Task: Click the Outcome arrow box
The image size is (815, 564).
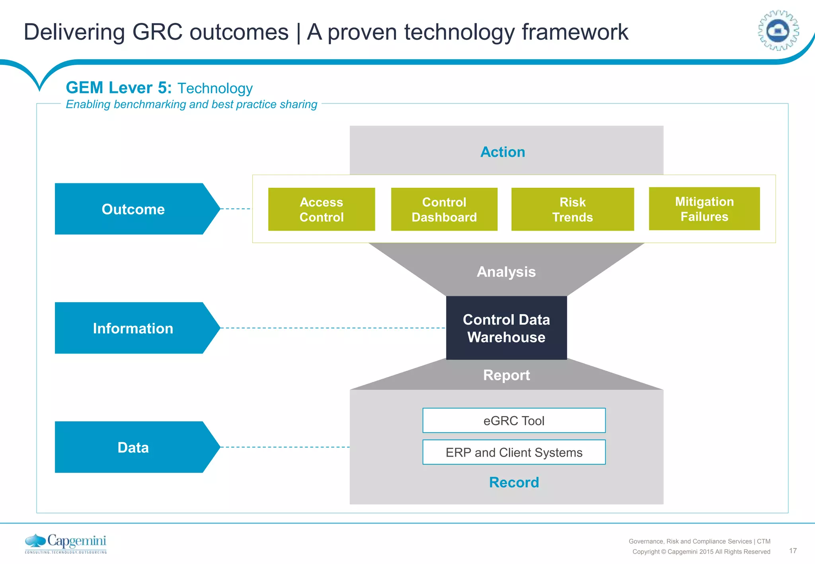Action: tap(133, 209)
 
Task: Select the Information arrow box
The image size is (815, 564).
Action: tap(133, 328)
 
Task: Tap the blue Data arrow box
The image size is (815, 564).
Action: tap(133, 447)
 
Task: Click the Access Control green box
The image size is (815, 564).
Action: tap(322, 209)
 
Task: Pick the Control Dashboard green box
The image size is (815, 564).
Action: tap(444, 209)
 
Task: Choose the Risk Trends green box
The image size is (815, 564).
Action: tap(572, 209)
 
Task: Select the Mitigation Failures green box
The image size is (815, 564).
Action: tap(704, 209)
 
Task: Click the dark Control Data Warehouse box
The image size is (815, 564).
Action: tap(506, 328)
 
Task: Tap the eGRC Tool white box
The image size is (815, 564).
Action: tap(514, 420)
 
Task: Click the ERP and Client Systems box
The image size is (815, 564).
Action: tap(514, 452)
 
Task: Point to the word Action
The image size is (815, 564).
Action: tap(503, 152)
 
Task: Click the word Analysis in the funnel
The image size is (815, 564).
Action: tap(506, 272)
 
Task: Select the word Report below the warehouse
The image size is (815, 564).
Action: tap(506, 375)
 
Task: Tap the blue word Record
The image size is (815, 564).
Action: tap(514, 482)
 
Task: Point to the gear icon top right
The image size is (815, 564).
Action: tap(778, 31)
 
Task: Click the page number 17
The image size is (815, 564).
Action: tap(793, 550)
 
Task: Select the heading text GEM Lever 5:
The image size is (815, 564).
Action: tap(119, 88)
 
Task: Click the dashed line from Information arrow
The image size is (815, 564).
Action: tap(332, 328)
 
